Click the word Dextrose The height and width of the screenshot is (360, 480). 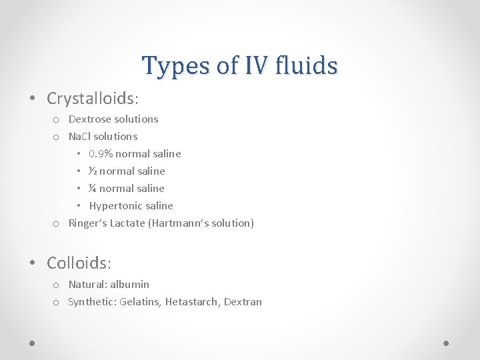[x=90, y=119]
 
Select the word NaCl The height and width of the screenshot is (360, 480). [x=80, y=137]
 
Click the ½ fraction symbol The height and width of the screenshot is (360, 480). [x=93, y=171]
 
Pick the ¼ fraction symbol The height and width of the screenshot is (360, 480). [x=93, y=189]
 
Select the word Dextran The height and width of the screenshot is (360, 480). [x=243, y=302]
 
